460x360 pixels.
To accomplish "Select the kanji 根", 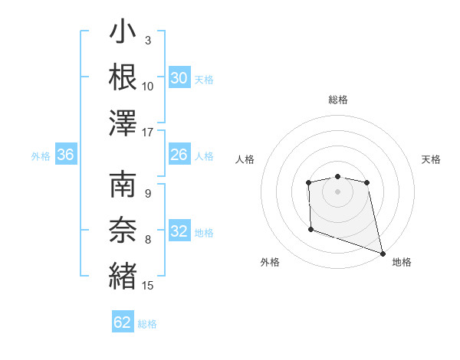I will (x=123, y=77).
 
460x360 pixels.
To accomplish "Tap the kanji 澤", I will (x=123, y=123).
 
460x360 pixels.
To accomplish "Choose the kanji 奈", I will (x=123, y=229).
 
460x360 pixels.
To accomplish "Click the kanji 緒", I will (x=123, y=275).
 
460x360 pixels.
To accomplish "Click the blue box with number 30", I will (x=179, y=78).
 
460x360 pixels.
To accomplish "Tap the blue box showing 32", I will (x=179, y=232).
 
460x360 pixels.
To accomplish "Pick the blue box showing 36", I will (x=66, y=155).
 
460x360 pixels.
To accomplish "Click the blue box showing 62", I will (x=123, y=322).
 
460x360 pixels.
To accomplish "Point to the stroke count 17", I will (x=148, y=133).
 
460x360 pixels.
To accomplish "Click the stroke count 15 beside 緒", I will (x=148, y=286).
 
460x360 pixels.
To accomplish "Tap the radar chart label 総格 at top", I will (x=337, y=100).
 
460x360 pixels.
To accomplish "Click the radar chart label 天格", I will (x=431, y=159).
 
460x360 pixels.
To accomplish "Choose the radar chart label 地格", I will (x=402, y=262).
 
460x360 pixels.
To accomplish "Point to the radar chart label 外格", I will (x=270, y=262).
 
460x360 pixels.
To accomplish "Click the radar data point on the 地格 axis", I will (x=383, y=254).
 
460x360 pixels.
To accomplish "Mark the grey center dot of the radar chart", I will (x=337, y=191).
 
